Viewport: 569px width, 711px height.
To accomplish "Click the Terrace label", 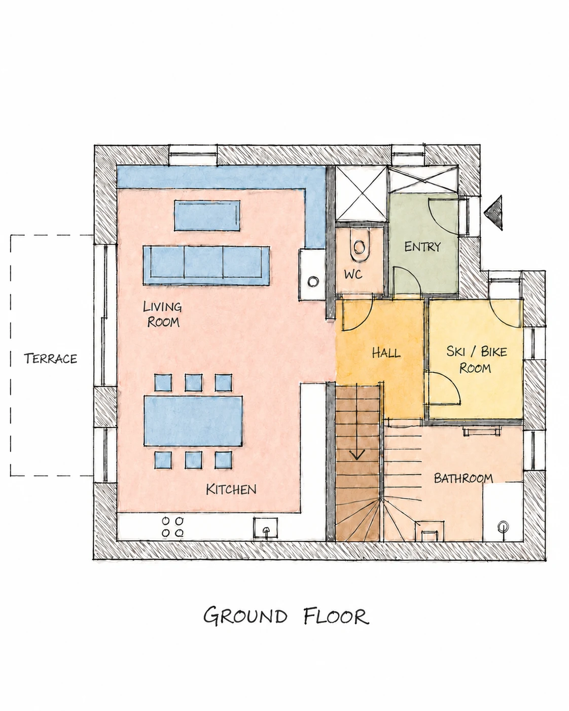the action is [51, 359].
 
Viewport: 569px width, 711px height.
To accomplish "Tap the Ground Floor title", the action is [286, 616].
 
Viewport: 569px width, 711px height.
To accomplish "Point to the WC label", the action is [353, 274].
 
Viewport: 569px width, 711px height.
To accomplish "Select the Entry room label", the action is [422, 246].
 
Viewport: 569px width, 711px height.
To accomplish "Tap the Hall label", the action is [386, 353].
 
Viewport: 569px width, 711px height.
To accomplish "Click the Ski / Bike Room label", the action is [476, 360].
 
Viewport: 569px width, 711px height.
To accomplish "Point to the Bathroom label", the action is [463, 478].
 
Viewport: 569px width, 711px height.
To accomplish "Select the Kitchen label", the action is [231, 489].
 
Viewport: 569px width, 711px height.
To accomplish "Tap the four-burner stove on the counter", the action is [173, 527].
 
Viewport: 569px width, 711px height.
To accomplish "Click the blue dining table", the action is [193, 421].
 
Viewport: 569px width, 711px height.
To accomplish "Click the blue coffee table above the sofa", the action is [207, 216].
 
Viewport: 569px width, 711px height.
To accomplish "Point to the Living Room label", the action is [162, 314].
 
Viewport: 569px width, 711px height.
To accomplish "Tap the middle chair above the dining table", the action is [193, 382].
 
